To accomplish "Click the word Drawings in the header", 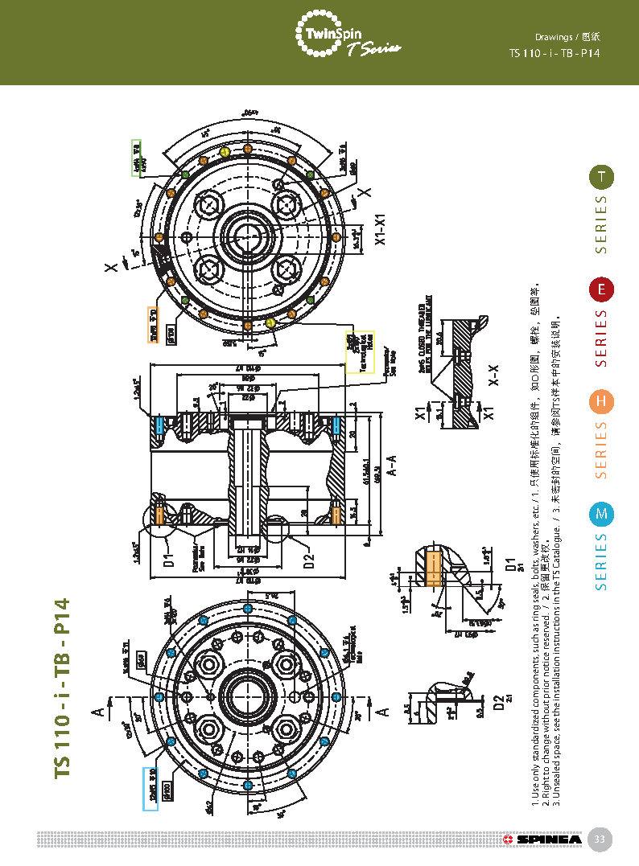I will tap(554, 37).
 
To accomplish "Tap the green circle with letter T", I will tap(601, 177).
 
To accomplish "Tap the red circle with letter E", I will tap(601, 289).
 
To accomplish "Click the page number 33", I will tap(599, 839).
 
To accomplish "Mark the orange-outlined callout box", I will tap(153, 325).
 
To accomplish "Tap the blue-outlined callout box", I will tap(150, 789).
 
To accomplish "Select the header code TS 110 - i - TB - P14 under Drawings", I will tap(554, 53).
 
